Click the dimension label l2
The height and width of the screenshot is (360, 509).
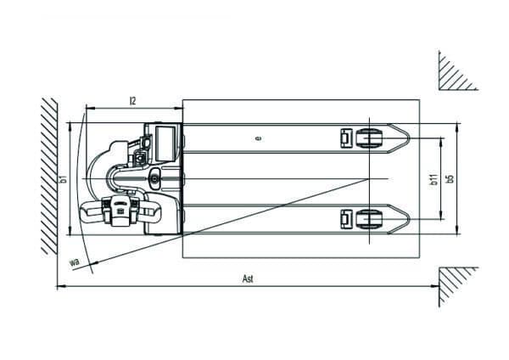(x=132, y=101)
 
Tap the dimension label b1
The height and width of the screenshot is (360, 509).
(x=64, y=178)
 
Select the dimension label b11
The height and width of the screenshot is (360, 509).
(x=434, y=179)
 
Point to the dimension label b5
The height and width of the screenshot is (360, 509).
(x=450, y=178)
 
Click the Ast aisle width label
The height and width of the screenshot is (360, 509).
(x=248, y=278)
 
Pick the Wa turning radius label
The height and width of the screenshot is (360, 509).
(x=75, y=262)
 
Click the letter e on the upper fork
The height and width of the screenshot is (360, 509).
(x=259, y=138)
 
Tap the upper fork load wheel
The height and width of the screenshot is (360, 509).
(x=369, y=138)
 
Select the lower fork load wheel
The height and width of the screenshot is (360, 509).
(x=369, y=219)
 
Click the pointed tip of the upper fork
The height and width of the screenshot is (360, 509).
(x=410, y=138)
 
